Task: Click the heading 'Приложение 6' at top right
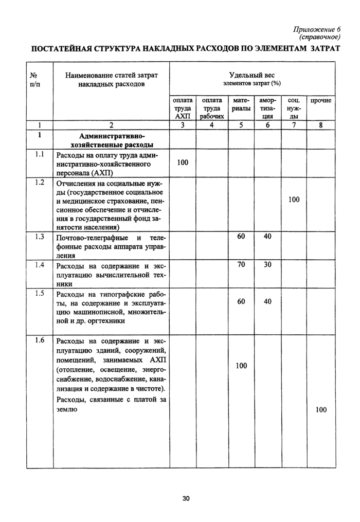coord(313,29)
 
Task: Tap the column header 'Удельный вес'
coord(251,75)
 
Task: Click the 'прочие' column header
coord(321,101)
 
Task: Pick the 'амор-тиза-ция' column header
coord(267,109)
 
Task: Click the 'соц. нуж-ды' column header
coord(294,109)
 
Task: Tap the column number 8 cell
coord(321,125)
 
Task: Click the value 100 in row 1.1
coord(183,163)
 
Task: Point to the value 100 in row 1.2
coord(294,200)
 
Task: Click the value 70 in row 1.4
coord(241,265)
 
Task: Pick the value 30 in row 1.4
coord(267,265)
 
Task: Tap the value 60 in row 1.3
coord(241,237)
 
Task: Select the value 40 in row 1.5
coord(267,302)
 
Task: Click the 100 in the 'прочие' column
coord(321,409)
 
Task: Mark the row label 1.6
coord(39,340)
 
